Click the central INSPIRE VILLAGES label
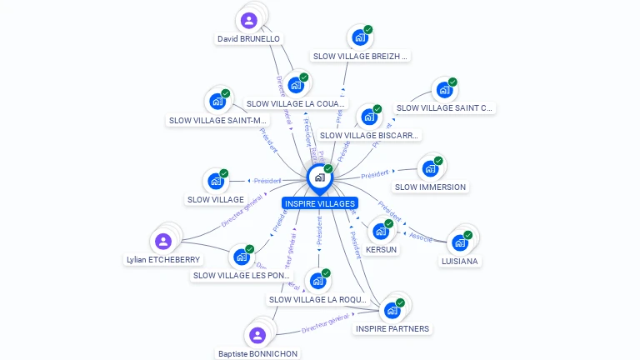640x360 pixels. tap(320, 203)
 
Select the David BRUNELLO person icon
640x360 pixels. tap(248, 20)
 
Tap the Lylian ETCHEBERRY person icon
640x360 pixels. tap(163, 242)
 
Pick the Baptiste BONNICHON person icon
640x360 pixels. tap(257, 335)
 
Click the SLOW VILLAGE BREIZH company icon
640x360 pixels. tap(359, 38)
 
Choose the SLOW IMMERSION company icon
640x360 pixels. tap(430, 169)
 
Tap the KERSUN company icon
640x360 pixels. tap(380, 232)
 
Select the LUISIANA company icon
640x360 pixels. tap(459, 243)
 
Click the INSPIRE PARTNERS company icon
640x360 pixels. tap(392, 311)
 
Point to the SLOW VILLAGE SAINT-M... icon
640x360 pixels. tap(217, 102)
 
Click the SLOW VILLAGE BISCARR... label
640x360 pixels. tap(370, 135)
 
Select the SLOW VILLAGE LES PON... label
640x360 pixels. tap(242, 275)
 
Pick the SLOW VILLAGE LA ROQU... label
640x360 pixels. tap(317, 299)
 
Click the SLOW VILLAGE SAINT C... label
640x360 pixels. tap(445, 107)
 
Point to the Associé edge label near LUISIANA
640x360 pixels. tap(422, 237)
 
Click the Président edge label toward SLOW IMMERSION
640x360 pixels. tap(375, 174)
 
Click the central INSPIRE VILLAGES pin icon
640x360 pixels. tap(319, 177)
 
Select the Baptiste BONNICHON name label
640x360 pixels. tap(257, 353)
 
